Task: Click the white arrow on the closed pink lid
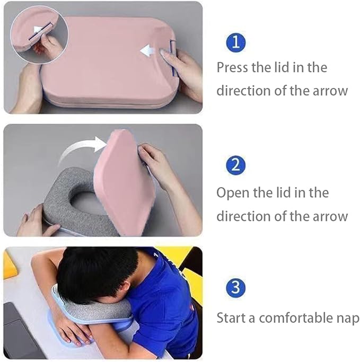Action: [x=149, y=50]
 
